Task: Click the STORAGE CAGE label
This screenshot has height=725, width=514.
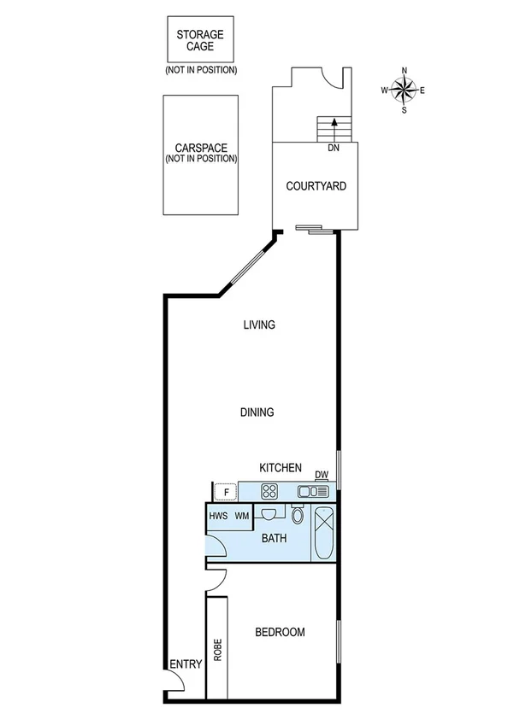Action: click(x=200, y=40)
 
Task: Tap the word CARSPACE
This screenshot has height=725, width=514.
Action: click(x=200, y=148)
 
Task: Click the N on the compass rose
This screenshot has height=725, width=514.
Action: click(x=405, y=71)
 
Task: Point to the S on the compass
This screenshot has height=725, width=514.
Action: click(x=405, y=109)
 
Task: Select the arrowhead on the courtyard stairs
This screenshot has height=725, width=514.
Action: click(x=334, y=123)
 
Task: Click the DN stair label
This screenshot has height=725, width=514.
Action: click(x=334, y=148)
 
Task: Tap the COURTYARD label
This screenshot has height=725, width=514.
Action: click(x=316, y=185)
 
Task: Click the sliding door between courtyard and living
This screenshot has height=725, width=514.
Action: click(x=309, y=228)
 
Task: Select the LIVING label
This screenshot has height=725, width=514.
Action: click(x=258, y=324)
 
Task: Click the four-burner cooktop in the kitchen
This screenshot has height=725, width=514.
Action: click(x=270, y=491)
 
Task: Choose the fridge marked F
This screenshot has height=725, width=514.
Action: click(x=226, y=492)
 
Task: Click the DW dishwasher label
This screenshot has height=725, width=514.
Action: click(x=322, y=476)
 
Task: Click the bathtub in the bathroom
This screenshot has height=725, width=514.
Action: click(x=325, y=532)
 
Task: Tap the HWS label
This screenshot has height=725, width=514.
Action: click(x=218, y=516)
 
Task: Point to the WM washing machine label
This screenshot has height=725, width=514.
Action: click(x=243, y=516)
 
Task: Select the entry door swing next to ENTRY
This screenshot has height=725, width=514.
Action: click(x=174, y=681)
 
